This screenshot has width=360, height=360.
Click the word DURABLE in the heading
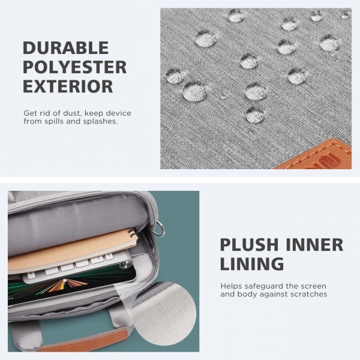[65, 48]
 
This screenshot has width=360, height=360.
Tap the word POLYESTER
[75, 67]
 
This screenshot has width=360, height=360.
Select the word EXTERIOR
[68, 86]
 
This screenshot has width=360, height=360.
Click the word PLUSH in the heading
[249, 245]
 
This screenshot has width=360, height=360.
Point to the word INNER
[314, 245]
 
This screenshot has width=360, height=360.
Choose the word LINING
[252, 264]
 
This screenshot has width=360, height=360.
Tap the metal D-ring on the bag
[159, 229]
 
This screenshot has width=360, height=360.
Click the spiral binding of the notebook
[133, 234]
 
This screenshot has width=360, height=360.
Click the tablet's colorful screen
[67, 287]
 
